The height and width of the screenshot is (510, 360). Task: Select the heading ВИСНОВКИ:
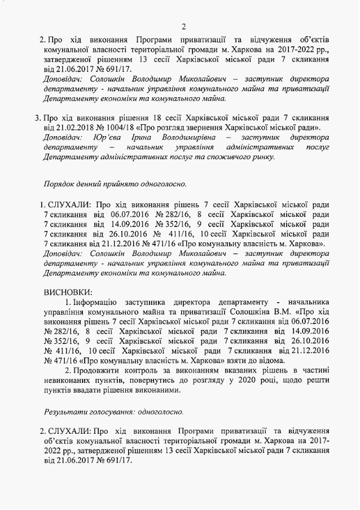68,292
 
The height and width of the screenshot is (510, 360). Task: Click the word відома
269,360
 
